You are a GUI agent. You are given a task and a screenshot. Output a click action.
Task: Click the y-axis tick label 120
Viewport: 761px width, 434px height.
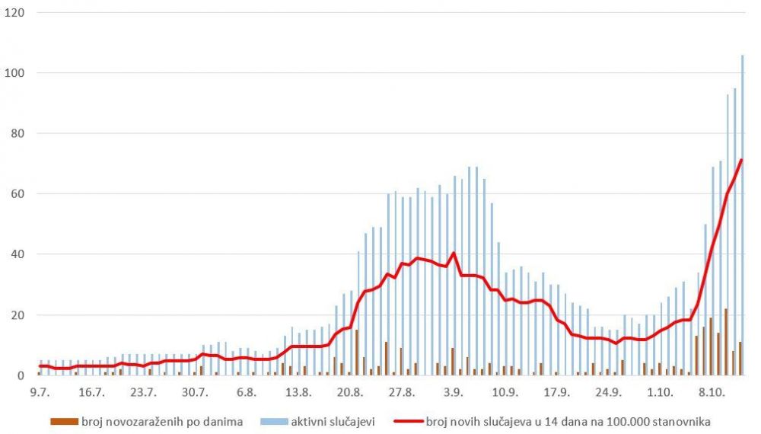14,13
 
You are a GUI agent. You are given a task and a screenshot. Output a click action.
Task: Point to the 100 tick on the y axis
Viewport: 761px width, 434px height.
14,73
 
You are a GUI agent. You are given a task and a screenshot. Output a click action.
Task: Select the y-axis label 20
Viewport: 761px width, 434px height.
18,315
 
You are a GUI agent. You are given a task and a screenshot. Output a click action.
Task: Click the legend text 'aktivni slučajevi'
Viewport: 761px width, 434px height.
332,420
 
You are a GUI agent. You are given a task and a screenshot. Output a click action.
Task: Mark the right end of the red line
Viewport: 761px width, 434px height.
740,160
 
